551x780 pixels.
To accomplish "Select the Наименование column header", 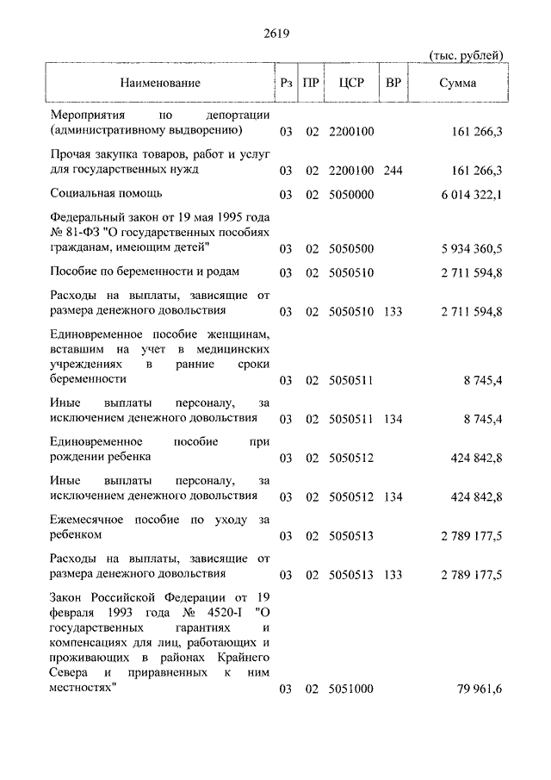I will pyautogui.click(x=160, y=83).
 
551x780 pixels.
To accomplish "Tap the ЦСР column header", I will pyautogui.click(x=351, y=83).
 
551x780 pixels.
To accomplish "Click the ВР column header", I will pyautogui.click(x=393, y=83).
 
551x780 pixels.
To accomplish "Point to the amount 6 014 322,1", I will pyautogui.click(x=471, y=195).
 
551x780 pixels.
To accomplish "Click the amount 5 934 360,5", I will pyautogui.click(x=471, y=250).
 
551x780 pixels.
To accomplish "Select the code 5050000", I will pyautogui.click(x=351, y=195).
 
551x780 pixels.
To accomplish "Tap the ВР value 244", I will pyautogui.click(x=393, y=171).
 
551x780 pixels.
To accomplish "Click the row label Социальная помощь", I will pyautogui.click(x=106, y=193).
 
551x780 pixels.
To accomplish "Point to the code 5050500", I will pyautogui.click(x=351, y=250).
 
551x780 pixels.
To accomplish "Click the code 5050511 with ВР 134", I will pyautogui.click(x=351, y=419).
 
